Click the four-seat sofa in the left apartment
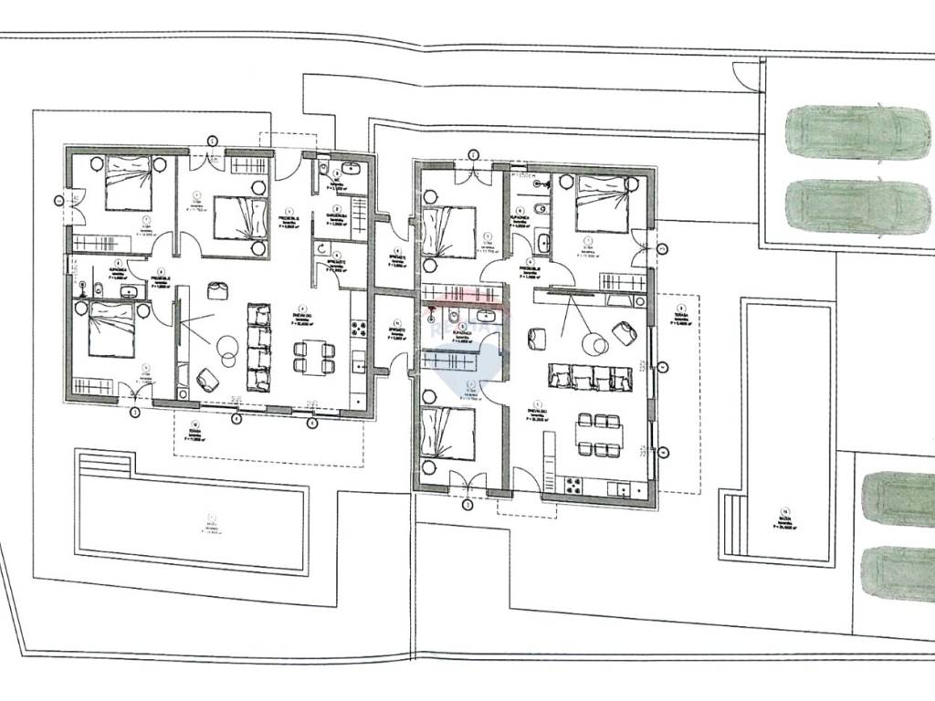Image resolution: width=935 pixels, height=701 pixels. [x=259, y=347]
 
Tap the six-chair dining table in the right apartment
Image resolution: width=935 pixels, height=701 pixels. [x=599, y=434]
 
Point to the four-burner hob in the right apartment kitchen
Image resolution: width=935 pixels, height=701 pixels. [x=573, y=484]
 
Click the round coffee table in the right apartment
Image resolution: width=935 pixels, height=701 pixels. [x=596, y=344]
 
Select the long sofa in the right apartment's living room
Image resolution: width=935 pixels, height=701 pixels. [x=590, y=377]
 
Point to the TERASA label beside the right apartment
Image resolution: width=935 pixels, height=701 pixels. [x=679, y=316]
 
